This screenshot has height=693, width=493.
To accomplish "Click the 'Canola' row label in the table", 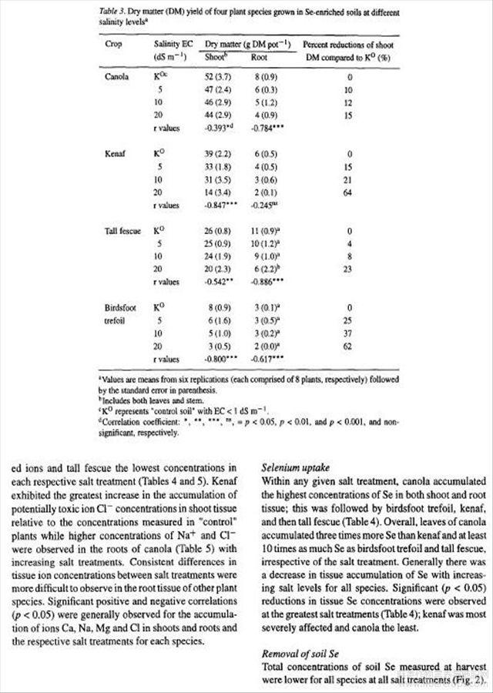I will [117, 78].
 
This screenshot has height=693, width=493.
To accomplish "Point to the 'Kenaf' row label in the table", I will [115, 154].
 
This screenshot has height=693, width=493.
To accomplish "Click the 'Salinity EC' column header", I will [173, 44].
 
